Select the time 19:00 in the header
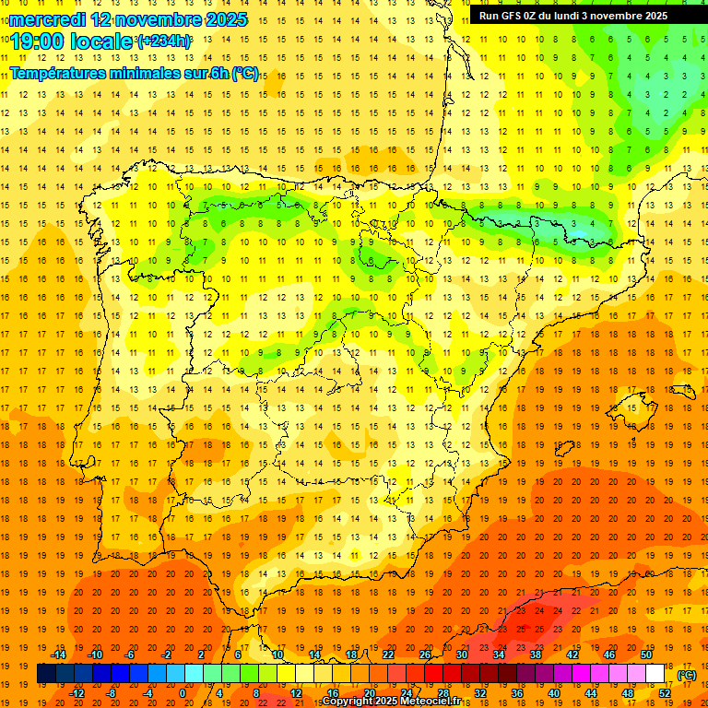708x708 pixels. pyautogui.click(x=39, y=41)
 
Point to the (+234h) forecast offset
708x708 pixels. pyautogui.click(x=164, y=41)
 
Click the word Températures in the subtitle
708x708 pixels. pyautogui.click(x=58, y=74)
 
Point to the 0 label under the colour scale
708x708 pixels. pyautogui.click(x=183, y=693)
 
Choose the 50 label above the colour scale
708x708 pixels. pyautogui.click(x=646, y=655)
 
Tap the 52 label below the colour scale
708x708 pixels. pyautogui.click(x=665, y=693)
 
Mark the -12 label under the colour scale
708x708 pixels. pyautogui.click(x=77, y=693)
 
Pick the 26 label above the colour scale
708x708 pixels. pyautogui.click(x=425, y=655)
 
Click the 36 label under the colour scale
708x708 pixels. pyautogui.click(x=517, y=693)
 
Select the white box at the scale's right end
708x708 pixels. pyautogui.click(x=655, y=674)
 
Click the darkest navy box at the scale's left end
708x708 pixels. pyautogui.click(x=46, y=674)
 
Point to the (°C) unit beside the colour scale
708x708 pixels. pyautogui.click(x=687, y=675)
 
